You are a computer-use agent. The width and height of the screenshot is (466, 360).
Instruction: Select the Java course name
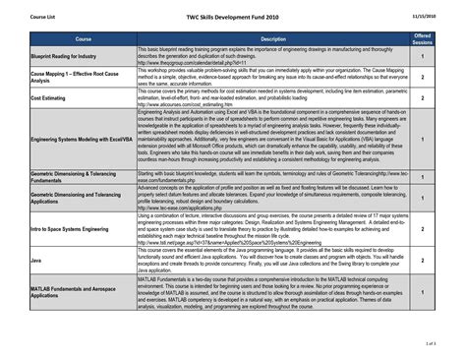36,261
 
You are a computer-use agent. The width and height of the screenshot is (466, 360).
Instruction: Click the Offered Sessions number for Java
422,261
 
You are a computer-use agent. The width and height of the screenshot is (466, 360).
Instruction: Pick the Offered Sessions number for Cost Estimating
422,97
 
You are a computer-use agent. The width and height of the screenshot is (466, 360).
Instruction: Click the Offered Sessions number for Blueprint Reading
422,57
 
